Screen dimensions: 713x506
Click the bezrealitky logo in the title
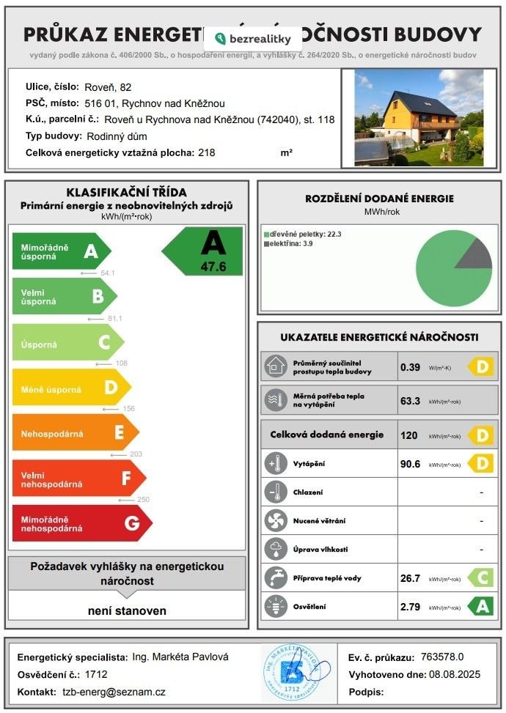[254, 38]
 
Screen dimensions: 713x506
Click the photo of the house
[419, 117]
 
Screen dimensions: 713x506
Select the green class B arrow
[65, 296]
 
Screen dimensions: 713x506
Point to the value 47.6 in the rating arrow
[213, 267]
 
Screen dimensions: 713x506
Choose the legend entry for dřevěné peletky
[302, 234]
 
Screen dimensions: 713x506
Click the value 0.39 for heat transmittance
[410, 366]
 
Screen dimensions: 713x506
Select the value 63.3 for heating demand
[410, 401]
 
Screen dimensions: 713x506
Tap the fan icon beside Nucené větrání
[276, 520]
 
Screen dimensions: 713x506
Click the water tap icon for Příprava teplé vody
[276, 578]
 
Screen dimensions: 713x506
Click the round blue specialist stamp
[291, 670]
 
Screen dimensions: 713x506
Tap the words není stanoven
[127, 610]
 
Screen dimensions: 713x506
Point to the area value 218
[208, 152]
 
